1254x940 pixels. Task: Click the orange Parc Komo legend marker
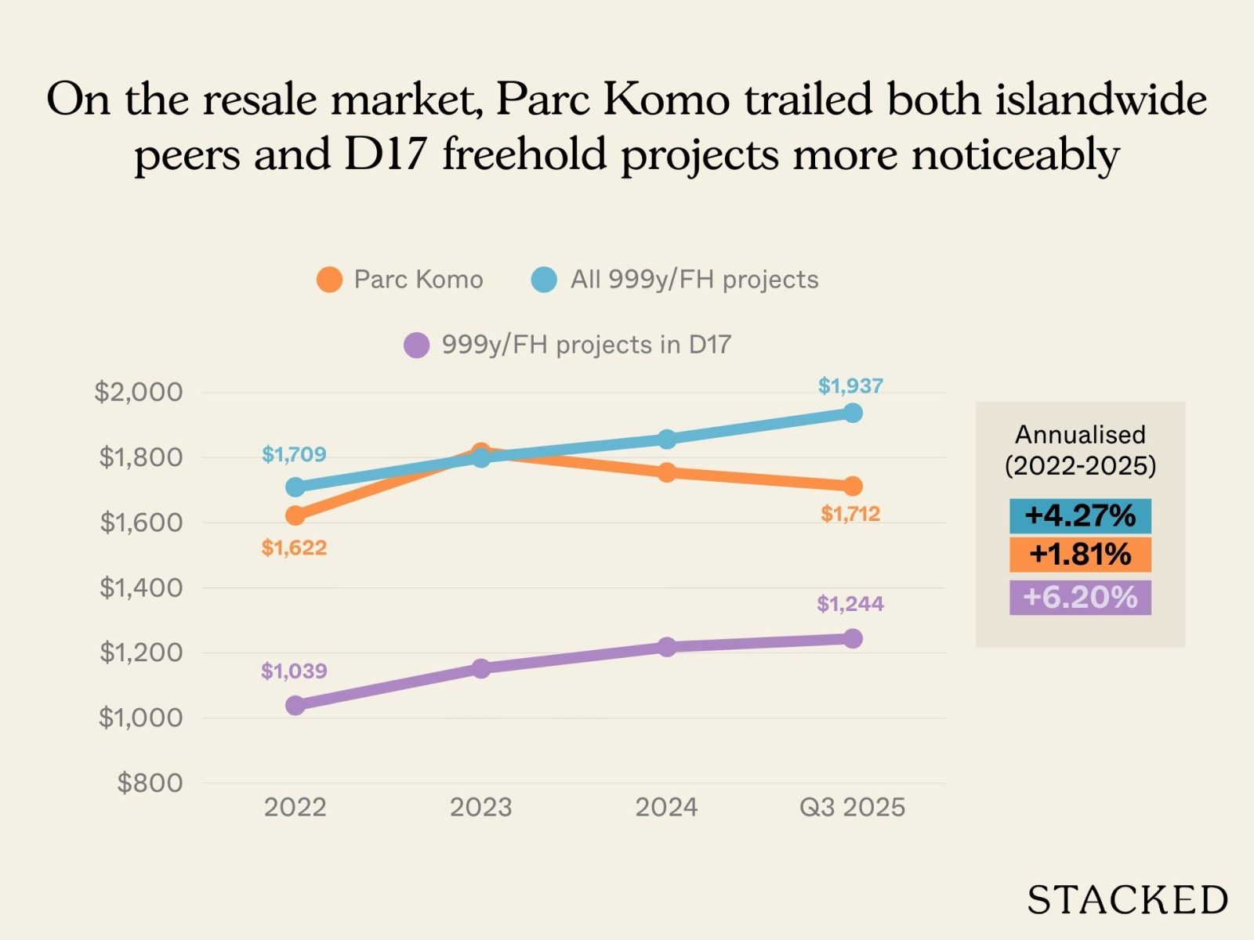[x=329, y=280]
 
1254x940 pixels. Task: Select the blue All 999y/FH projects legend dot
[x=544, y=280]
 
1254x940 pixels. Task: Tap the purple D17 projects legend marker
[x=416, y=345]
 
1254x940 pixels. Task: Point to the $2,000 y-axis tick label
[x=139, y=392]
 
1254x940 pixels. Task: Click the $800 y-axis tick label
[x=150, y=783]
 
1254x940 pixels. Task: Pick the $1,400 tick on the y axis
[x=141, y=587]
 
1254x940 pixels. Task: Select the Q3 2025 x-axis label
[x=852, y=807]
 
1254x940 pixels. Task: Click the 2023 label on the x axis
[x=480, y=807]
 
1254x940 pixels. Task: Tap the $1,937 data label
[x=850, y=385]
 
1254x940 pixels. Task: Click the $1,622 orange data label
[x=294, y=548]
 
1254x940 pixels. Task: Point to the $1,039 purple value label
[x=294, y=671]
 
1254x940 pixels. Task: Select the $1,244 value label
[x=850, y=604]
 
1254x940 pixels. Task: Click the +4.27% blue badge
[x=1080, y=516]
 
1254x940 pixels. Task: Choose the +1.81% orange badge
[x=1080, y=555]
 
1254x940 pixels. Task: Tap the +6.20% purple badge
[x=1080, y=597]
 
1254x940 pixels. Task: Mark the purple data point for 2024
[x=667, y=647]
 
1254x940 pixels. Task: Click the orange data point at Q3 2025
[x=853, y=486]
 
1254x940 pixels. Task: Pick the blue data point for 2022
[x=295, y=487]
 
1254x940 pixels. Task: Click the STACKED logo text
[x=1127, y=900]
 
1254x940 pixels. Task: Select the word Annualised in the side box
[x=1080, y=435]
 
